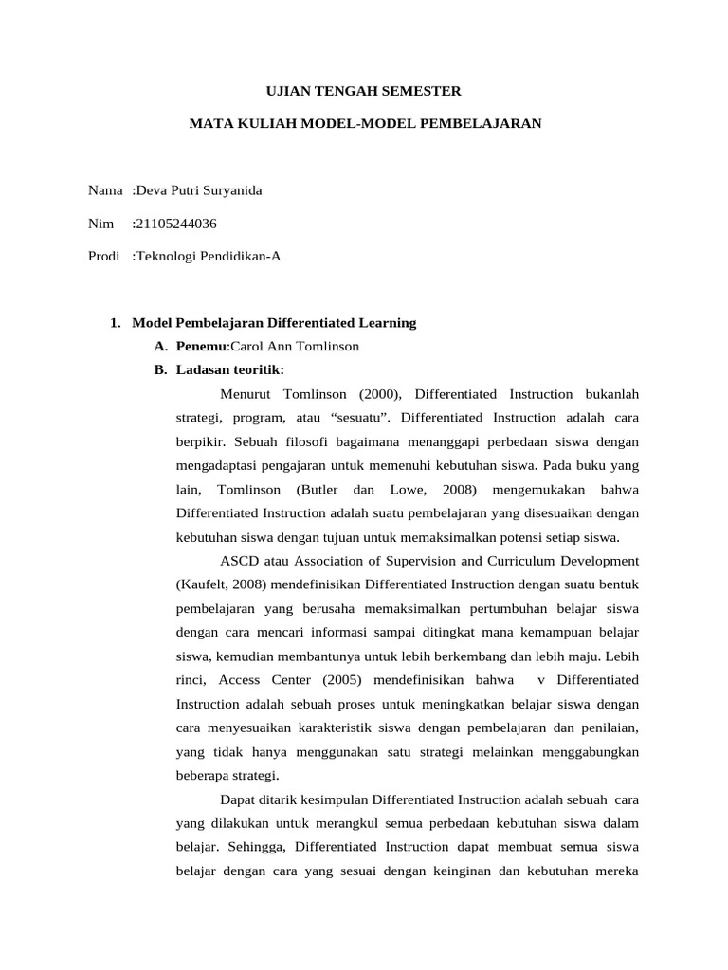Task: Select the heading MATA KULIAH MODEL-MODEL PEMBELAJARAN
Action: click(x=365, y=124)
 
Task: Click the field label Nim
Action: click(x=100, y=224)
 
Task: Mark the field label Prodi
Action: click(x=103, y=256)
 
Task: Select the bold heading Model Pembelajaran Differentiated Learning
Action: click(x=274, y=323)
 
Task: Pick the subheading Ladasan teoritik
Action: click(x=229, y=369)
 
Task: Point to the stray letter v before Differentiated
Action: click(x=540, y=680)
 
